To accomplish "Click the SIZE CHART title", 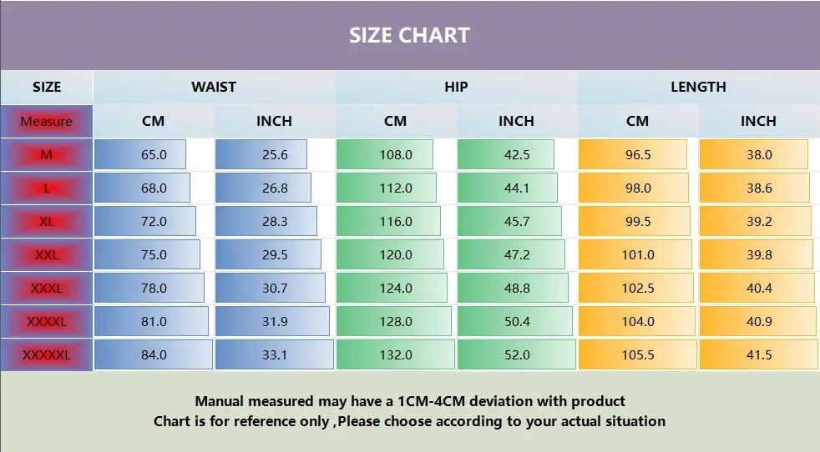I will click(x=409, y=36).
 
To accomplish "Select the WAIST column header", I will click(x=214, y=87).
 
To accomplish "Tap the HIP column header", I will click(x=456, y=87).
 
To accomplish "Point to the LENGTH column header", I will click(x=698, y=87).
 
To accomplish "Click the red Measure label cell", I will click(x=47, y=121).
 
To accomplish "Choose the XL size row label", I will click(x=47, y=221).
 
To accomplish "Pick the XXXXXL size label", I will click(x=47, y=354).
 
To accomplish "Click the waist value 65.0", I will click(x=154, y=154).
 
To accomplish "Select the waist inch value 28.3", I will click(x=274, y=221).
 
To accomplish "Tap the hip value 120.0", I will click(x=396, y=254).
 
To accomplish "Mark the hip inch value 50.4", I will click(x=516, y=321).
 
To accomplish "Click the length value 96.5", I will click(x=637, y=154).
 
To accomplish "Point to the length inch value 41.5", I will click(x=758, y=354).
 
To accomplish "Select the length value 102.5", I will click(x=637, y=288).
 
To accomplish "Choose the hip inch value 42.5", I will click(x=516, y=154).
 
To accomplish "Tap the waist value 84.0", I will click(x=154, y=354).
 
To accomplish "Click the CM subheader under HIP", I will click(x=396, y=121).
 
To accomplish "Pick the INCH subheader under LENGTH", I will click(x=758, y=121).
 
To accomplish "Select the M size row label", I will click(x=47, y=154).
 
